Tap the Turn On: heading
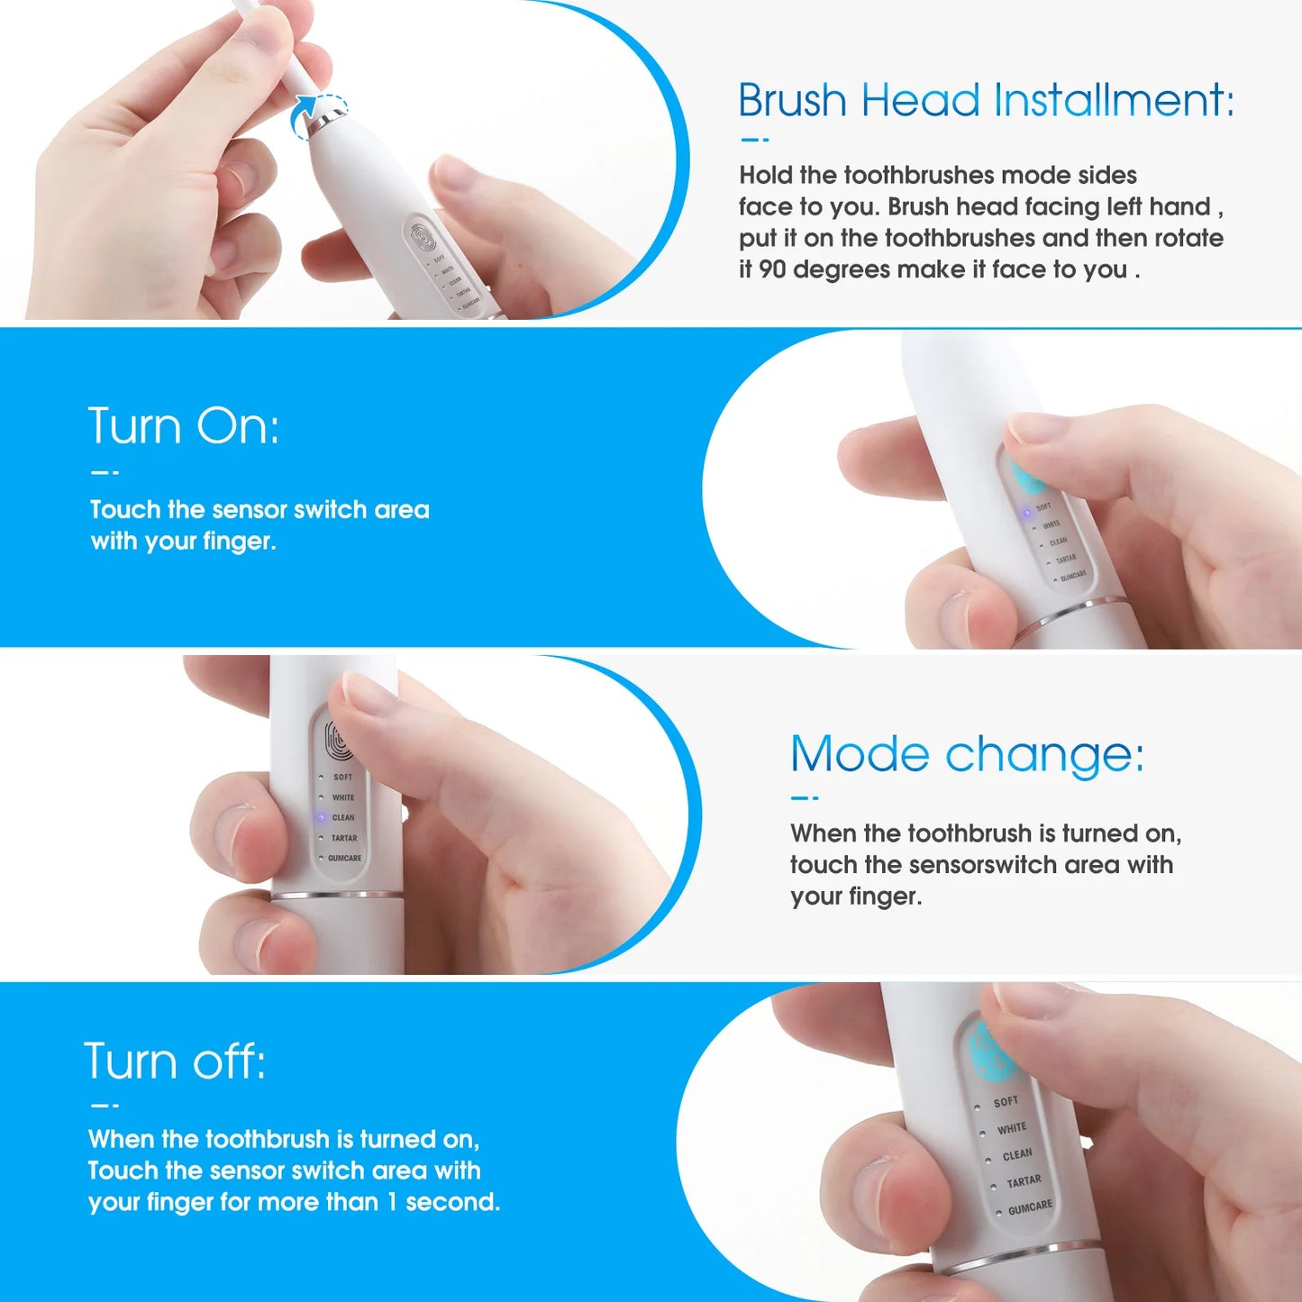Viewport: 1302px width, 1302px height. tap(184, 425)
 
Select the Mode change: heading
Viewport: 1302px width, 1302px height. tap(967, 753)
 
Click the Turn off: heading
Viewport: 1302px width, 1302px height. tap(175, 1061)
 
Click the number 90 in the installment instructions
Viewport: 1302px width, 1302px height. tap(772, 269)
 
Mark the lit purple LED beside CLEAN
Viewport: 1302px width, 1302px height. tap(321, 818)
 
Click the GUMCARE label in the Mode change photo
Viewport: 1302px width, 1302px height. tap(344, 859)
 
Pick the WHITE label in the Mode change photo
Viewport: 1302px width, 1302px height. tap(343, 797)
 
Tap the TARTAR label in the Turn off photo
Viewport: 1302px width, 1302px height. tap(1024, 1181)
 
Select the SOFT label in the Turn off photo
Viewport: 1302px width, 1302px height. tap(1006, 1102)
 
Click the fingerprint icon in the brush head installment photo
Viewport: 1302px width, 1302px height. tap(423, 237)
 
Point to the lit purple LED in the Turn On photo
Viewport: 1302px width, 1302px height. tap(1025, 513)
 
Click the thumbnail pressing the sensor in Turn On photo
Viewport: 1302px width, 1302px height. tap(1036, 428)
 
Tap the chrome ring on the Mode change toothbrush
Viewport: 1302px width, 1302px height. tap(335, 896)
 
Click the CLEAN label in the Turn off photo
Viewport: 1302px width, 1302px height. tap(1017, 1154)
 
